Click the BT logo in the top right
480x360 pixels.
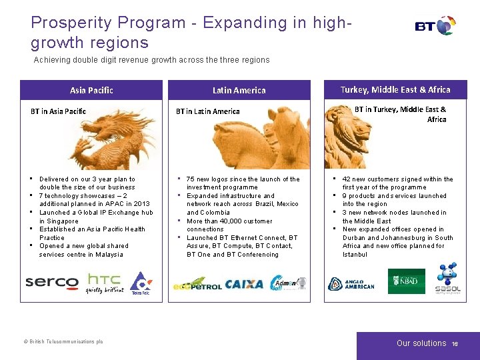(x=435, y=27)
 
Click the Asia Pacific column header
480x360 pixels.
(x=91, y=90)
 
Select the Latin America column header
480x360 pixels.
(x=239, y=90)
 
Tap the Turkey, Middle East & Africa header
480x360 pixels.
(x=395, y=89)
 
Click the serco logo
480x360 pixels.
(x=52, y=282)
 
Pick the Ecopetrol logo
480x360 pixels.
(x=197, y=285)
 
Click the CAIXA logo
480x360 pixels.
(x=244, y=284)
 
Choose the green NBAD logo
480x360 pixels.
(x=406, y=281)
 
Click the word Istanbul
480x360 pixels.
(x=355, y=254)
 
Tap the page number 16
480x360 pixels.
(x=455, y=343)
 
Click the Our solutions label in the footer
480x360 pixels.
(x=421, y=343)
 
